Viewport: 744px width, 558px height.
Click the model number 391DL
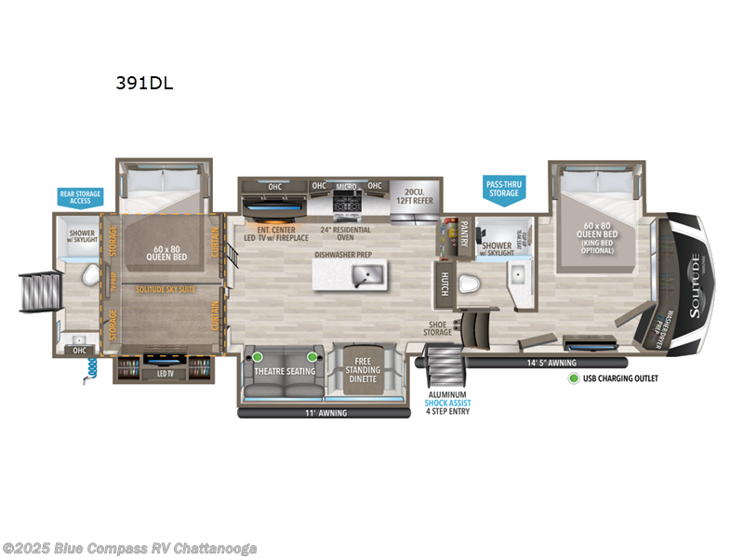click(x=144, y=82)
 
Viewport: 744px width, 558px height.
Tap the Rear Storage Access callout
click(x=79, y=197)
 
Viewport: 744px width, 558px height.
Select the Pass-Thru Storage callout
click(x=502, y=187)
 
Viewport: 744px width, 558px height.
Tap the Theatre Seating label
click(x=285, y=371)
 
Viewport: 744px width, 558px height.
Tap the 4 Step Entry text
click(x=447, y=411)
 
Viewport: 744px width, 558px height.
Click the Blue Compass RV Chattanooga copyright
click(x=130, y=548)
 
